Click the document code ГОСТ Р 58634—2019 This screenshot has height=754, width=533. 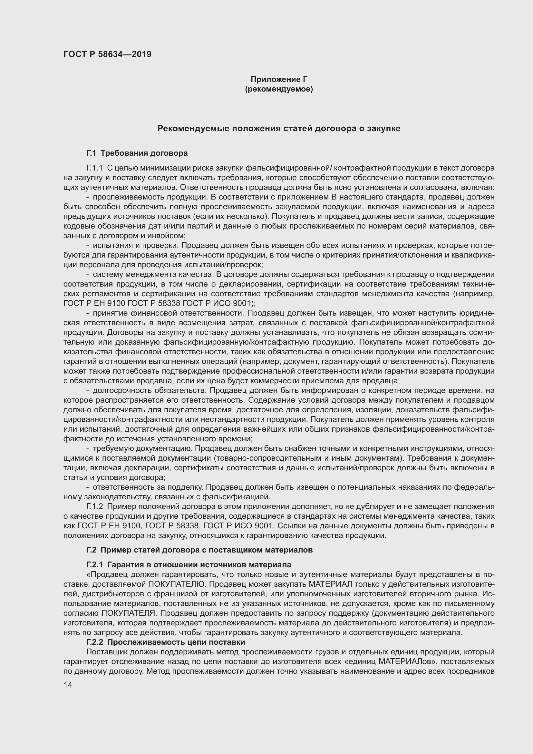click(107, 54)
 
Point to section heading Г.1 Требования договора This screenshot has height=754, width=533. click(137, 153)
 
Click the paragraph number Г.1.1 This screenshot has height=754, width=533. click(94, 168)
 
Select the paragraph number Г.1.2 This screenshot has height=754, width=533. click(94, 506)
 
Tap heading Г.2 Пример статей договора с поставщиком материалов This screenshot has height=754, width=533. click(199, 550)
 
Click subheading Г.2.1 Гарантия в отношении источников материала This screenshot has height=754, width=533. click(189, 565)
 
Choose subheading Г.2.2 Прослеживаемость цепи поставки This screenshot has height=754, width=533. click(166, 642)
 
